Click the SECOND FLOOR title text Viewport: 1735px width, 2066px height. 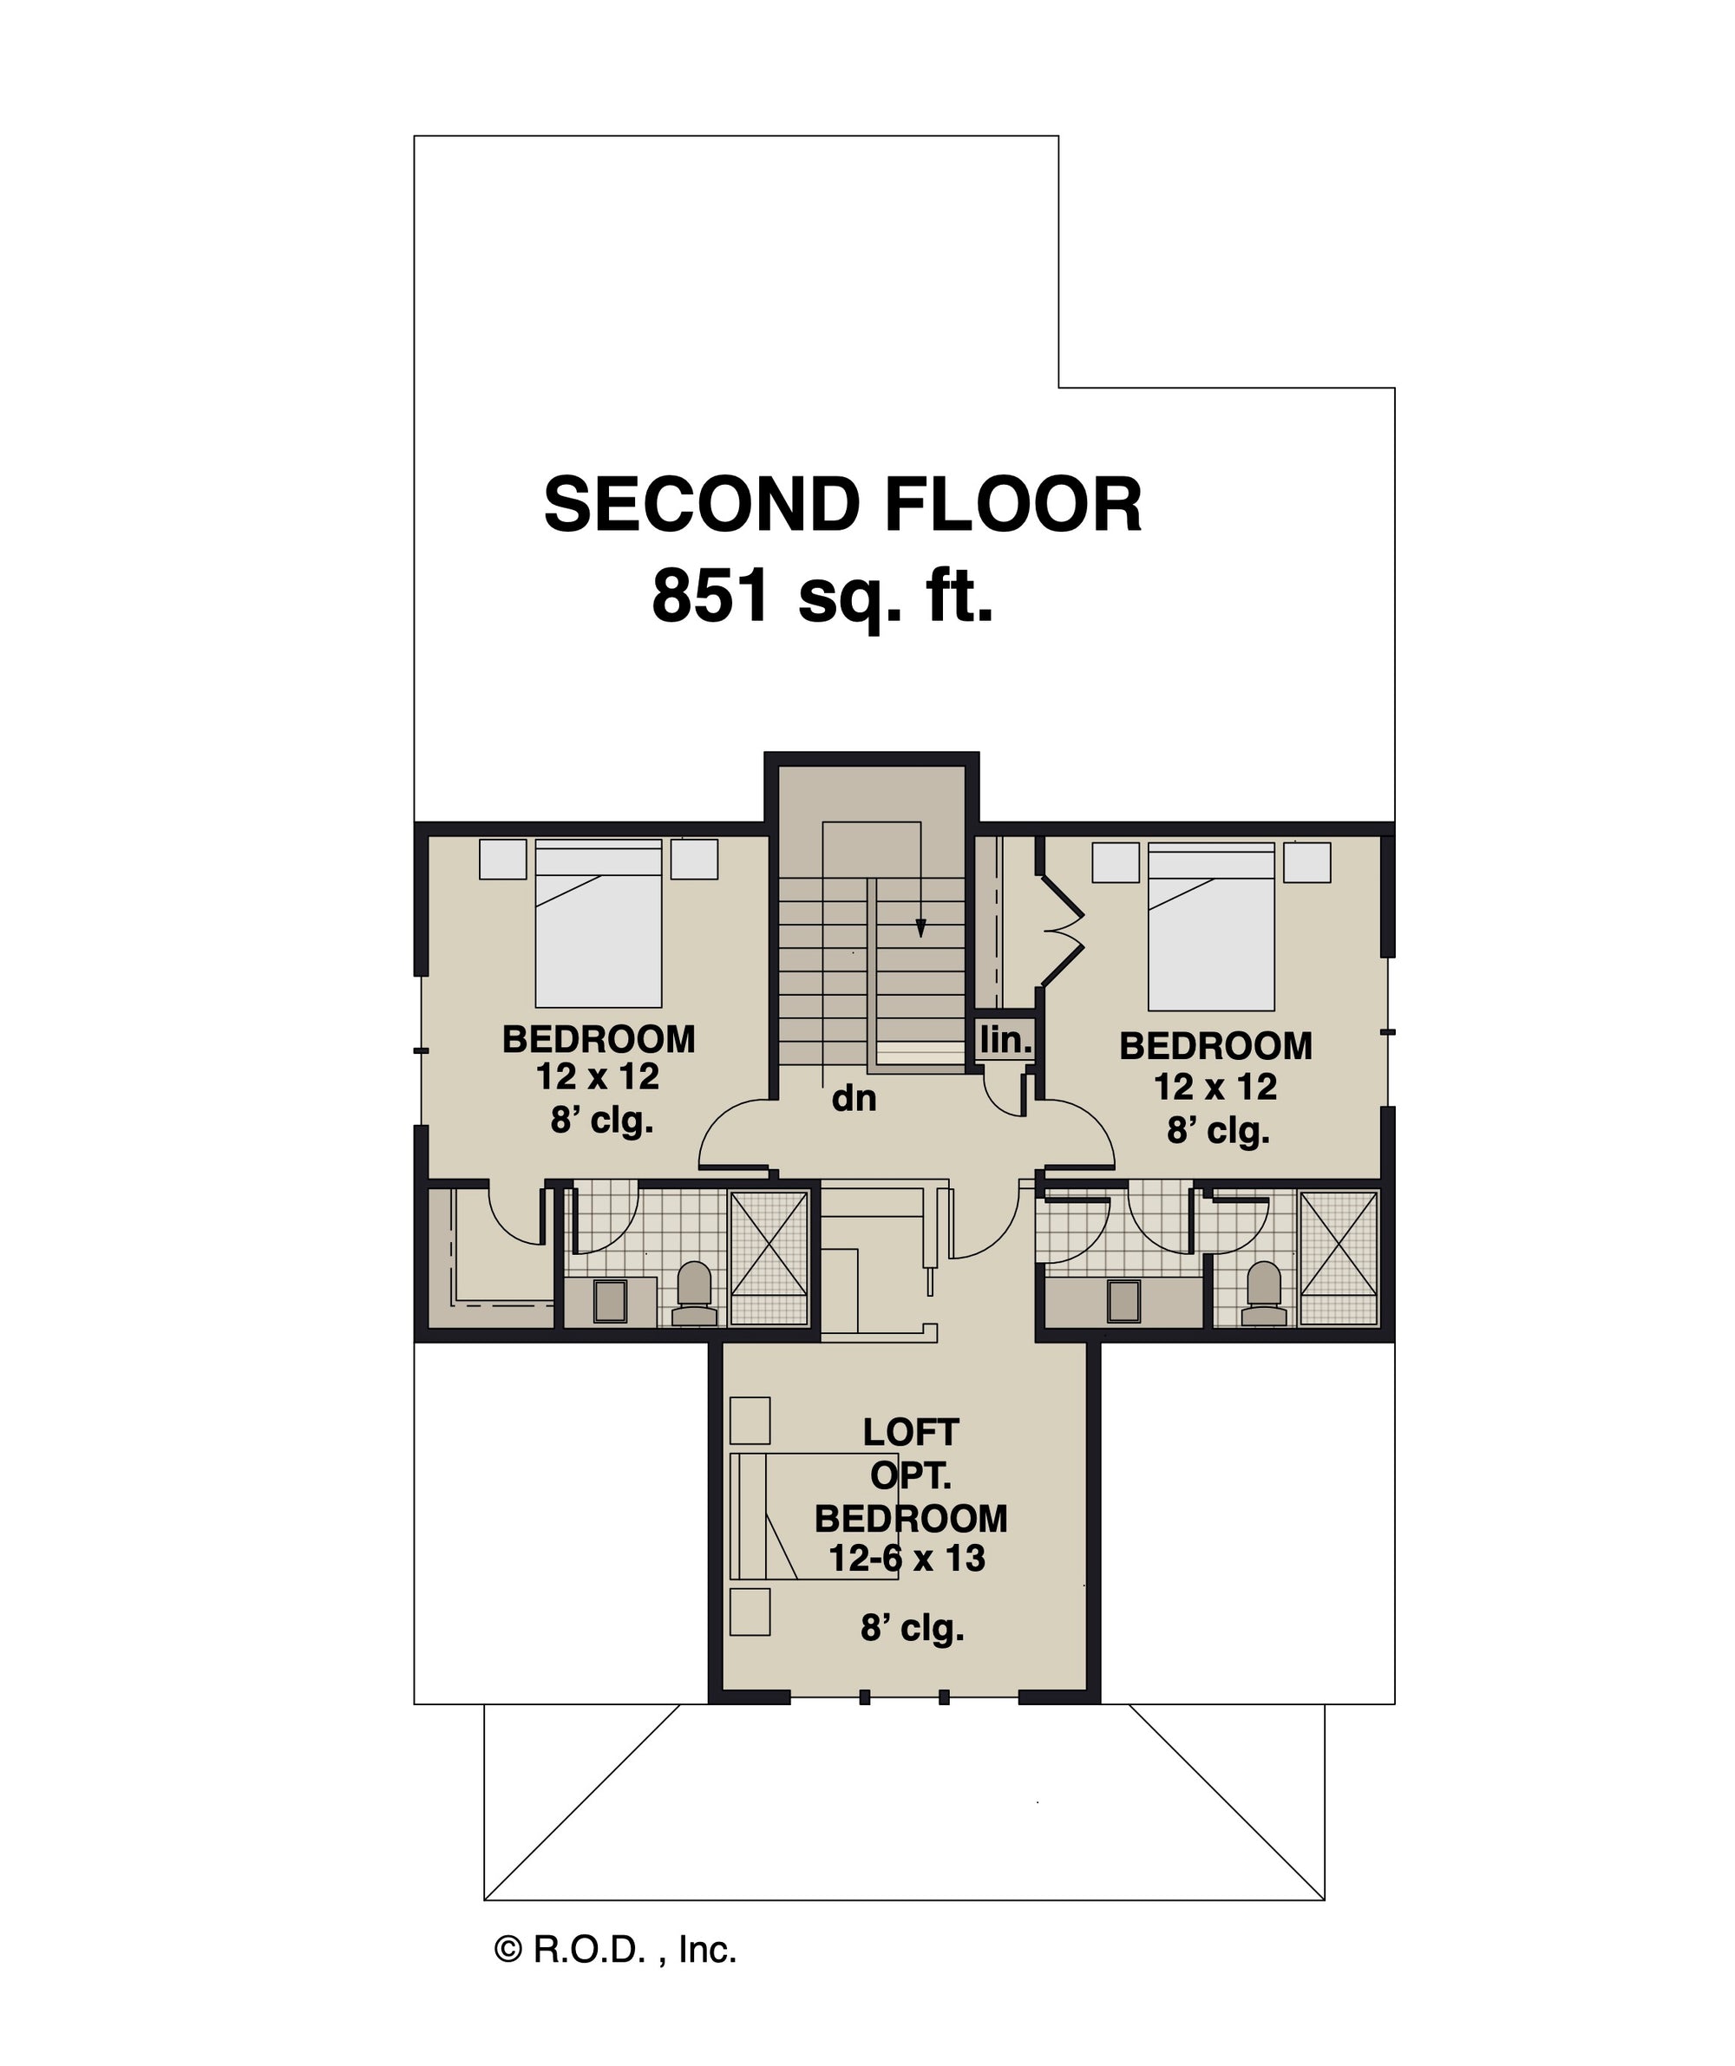(842, 505)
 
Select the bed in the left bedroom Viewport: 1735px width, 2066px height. (599, 923)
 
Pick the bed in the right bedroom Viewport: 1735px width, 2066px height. (1211, 926)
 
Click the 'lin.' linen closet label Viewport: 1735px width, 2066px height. (1005, 1039)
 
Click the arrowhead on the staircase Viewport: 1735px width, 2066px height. (920, 928)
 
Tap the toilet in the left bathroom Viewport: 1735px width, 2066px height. (695, 1294)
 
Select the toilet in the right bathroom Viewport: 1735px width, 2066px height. (1264, 1294)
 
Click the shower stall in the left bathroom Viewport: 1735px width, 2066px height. (769, 1258)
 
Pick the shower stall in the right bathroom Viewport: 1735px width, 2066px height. (1339, 1258)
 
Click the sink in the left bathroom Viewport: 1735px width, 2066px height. (610, 1301)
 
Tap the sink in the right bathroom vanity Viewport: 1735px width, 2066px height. (1124, 1301)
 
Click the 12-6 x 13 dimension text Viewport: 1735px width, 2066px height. (907, 1559)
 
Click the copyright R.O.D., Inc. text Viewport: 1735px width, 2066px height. (615, 1949)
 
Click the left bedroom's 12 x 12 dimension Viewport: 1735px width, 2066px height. (598, 1077)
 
